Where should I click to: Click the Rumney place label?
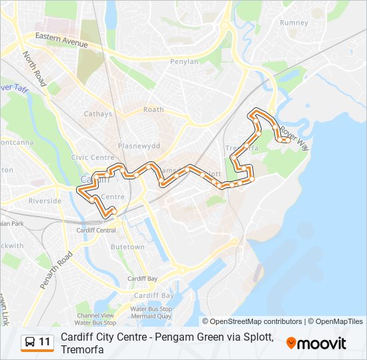tap(294, 23)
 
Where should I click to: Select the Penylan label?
tap(184, 61)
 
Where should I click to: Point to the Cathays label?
tap(97, 114)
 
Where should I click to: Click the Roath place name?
tap(153, 109)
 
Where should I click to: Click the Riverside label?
tap(45, 201)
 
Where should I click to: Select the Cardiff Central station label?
tap(96, 230)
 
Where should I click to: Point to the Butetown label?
tap(127, 247)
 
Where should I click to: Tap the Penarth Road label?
tap(55, 269)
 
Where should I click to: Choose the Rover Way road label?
tap(294, 136)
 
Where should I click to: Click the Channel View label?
tap(95, 315)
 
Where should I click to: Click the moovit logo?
tap(316, 343)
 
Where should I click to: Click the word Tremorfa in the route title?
tap(82, 350)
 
